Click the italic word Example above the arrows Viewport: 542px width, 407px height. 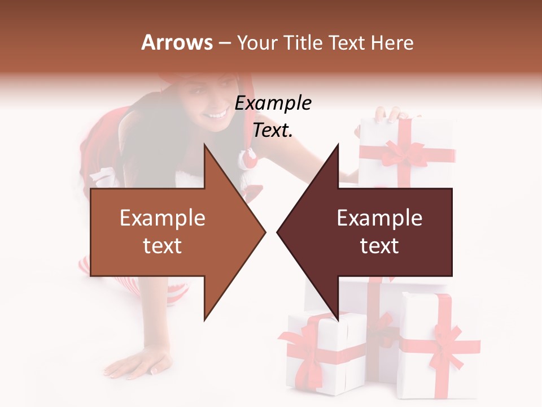[273, 103]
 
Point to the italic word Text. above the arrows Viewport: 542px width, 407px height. [273, 130]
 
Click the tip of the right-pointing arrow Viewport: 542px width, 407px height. [264, 232]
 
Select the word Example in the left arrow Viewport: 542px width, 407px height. [163, 218]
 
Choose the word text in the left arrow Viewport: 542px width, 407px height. [163, 246]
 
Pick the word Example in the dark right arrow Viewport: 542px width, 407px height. [379, 218]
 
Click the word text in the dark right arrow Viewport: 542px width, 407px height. [379, 246]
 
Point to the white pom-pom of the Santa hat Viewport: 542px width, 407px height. [249, 159]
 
